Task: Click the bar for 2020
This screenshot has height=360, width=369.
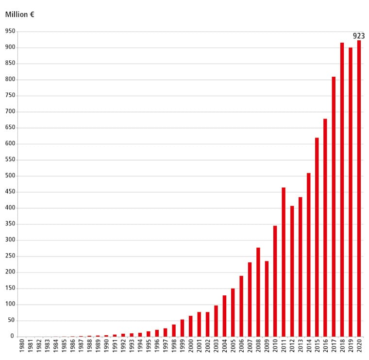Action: [x=359, y=189]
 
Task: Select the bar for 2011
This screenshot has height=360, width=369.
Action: [x=283, y=262]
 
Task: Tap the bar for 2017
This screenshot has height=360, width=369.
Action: [x=334, y=206]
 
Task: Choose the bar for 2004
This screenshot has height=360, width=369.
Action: [x=224, y=316]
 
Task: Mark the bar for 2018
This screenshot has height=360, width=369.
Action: [x=342, y=189]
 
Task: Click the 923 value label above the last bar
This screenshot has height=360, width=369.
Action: [x=359, y=36]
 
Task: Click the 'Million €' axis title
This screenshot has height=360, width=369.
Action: [x=19, y=15]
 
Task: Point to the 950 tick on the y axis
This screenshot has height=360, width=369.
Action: [x=10, y=32]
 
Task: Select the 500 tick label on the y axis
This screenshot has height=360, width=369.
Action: [x=10, y=176]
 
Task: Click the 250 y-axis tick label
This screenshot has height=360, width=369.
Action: [x=10, y=256]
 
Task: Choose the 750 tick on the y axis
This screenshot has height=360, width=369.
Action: [x=10, y=96]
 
